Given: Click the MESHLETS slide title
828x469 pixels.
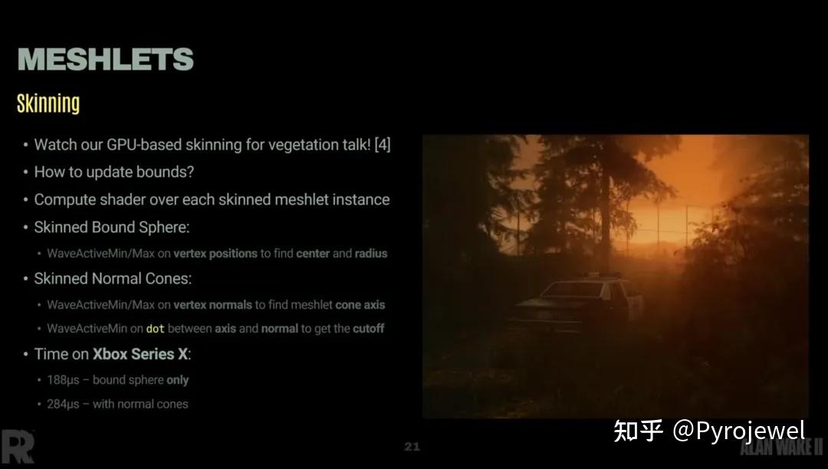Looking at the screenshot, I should coord(105,59).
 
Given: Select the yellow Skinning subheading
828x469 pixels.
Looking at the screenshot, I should coord(48,103).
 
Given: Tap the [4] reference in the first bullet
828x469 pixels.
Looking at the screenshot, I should coord(383,144).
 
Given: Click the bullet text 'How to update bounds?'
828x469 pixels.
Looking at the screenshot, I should coord(113,172).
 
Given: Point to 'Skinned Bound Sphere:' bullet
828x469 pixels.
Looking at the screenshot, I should coord(111,227).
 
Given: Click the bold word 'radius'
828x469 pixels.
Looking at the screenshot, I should coord(371,253).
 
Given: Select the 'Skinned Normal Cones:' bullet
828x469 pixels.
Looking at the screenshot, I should coord(113,278).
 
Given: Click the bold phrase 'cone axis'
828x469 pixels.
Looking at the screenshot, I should coord(360,304).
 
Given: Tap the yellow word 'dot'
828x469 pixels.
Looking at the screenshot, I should coord(155,328).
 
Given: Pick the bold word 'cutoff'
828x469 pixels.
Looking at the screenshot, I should coord(368,328).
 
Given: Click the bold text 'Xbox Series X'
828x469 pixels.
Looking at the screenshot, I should coord(140,354).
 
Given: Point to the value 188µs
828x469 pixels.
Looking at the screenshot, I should coord(63,379).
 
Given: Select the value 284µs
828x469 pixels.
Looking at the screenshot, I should coord(63,404).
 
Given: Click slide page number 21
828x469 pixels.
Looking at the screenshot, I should coord(412,446).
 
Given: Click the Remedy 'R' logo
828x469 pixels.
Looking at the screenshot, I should coord(17,446).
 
